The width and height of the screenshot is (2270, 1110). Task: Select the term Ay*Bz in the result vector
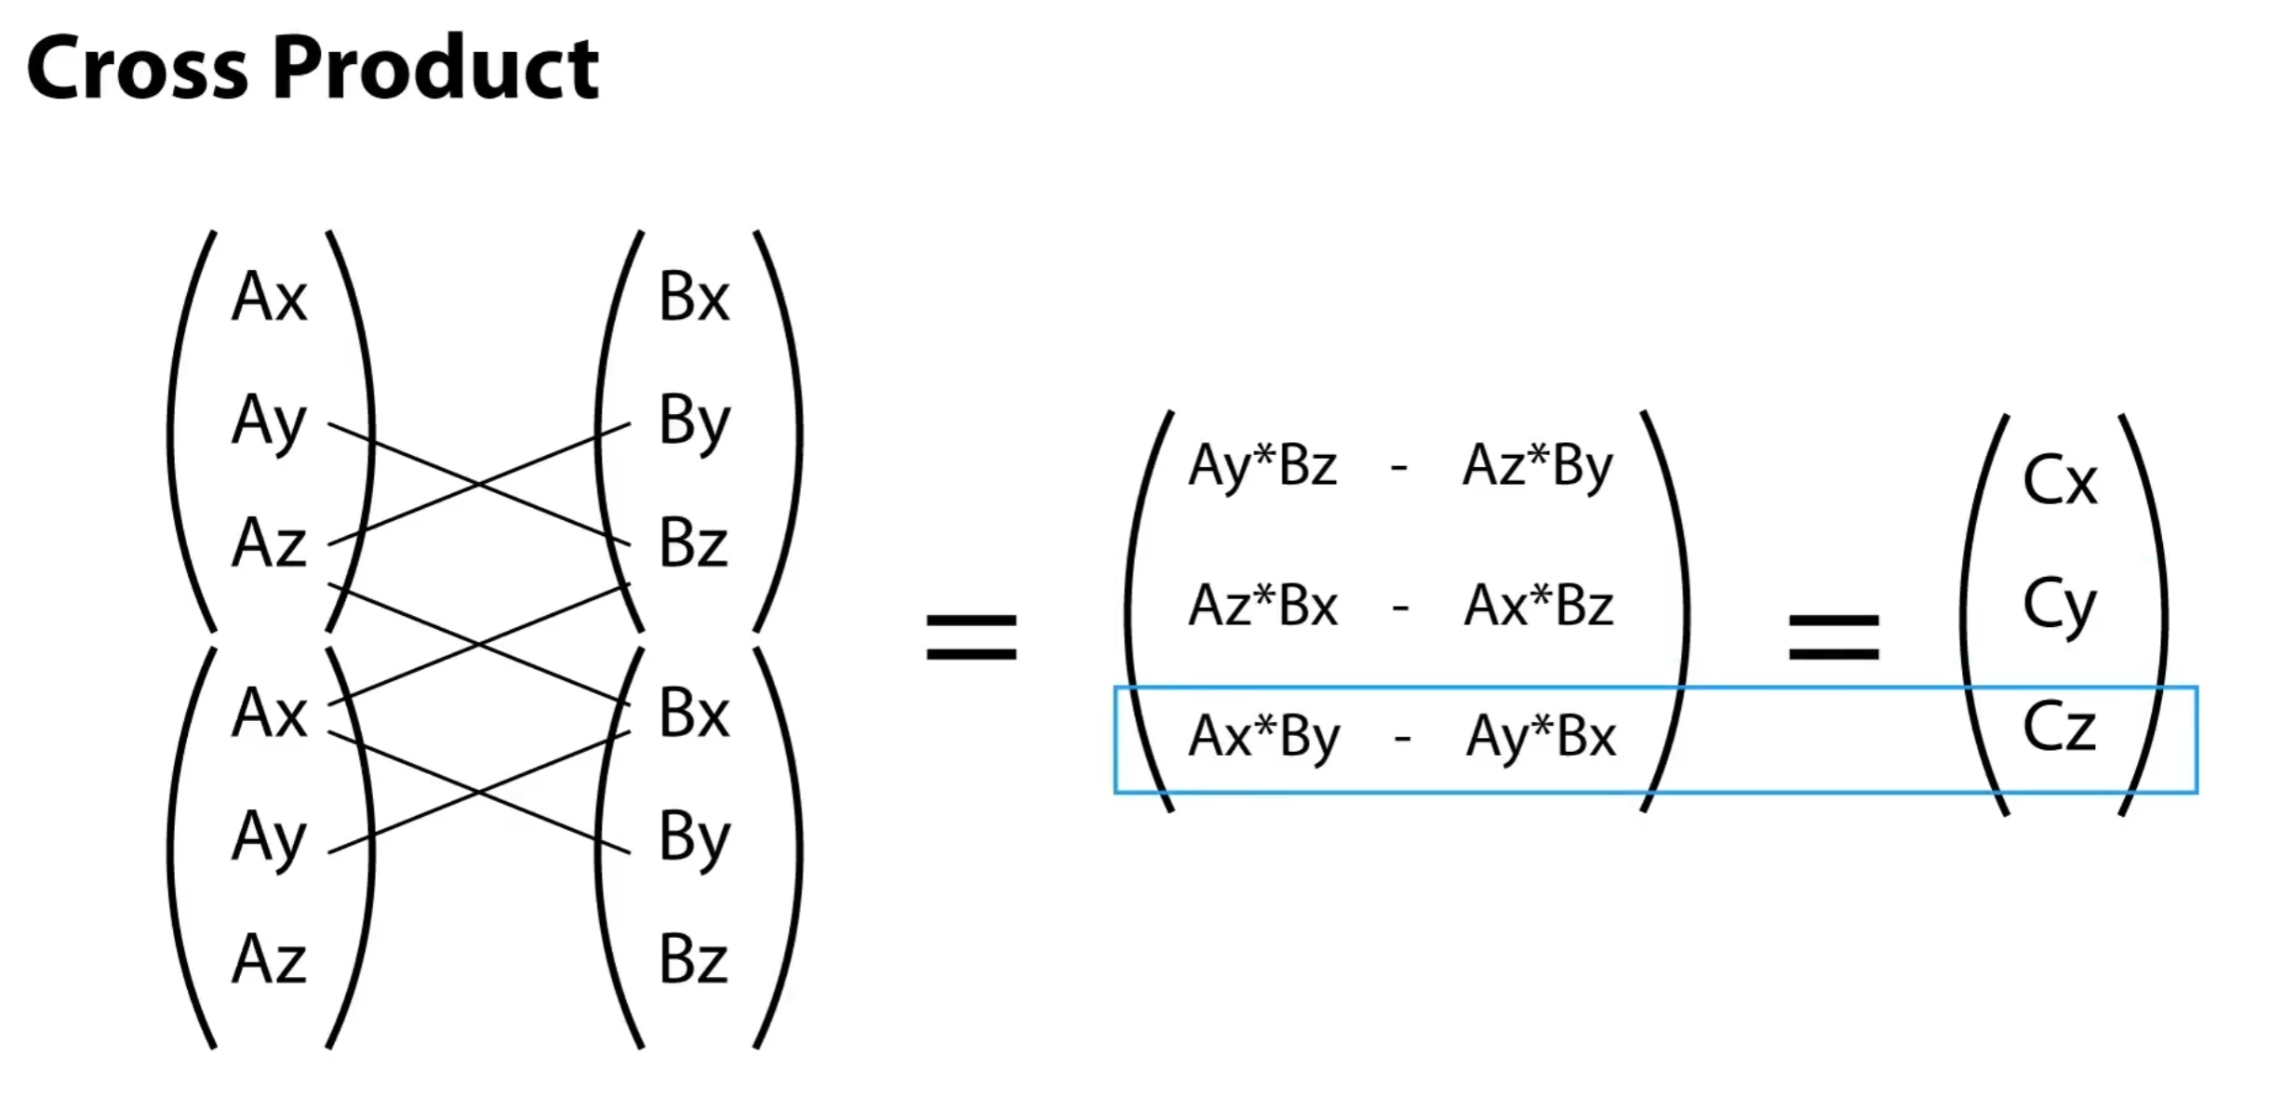pos(1262,466)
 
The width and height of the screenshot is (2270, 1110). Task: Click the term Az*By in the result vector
pos(1537,466)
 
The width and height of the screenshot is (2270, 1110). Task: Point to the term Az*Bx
pos(1262,606)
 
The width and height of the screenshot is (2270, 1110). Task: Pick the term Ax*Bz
pos(1538,606)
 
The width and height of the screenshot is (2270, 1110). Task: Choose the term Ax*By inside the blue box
pos(1264,737)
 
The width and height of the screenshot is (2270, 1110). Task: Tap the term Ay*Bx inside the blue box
pos(1541,737)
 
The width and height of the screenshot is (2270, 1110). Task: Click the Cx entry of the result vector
pos(2060,481)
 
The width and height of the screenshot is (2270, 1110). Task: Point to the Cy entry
pos(2059,606)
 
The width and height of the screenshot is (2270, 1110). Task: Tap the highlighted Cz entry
pos(2059,727)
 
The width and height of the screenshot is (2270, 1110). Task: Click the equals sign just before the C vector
pos(1834,637)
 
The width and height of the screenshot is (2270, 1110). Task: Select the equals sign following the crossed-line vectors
pos(970,637)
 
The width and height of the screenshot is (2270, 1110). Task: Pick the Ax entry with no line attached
pos(269,298)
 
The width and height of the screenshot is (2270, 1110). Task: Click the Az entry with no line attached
pos(269,959)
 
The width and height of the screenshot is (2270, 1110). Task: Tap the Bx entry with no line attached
pos(693,298)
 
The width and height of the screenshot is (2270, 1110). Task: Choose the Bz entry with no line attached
pos(693,959)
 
